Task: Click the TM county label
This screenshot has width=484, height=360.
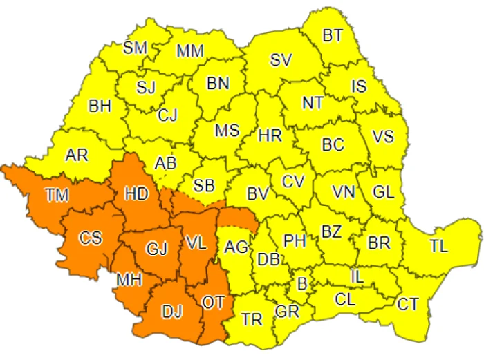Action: click(x=57, y=196)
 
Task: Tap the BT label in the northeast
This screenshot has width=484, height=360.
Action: click(x=332, y=36)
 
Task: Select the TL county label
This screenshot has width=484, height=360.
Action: click(x=438, y=246)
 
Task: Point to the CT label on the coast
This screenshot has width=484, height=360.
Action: click(x=408, y=303)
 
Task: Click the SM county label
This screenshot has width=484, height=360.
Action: click(x=136, y=48)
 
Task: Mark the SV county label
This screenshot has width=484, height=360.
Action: click(x=281, y=60)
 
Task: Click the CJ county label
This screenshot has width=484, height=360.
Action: click(x=167, y=115)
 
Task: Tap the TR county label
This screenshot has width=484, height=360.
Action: click(x=252, y=320)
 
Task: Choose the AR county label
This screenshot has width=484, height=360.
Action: click(x=76, y=155)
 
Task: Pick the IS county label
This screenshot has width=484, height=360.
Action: click(x=359, y=86)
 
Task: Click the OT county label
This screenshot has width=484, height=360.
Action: click(x=212, y=301)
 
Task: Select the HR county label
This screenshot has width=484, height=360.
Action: click(x=270, y=136)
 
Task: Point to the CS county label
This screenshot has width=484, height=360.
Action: click(x=90, y=238)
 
